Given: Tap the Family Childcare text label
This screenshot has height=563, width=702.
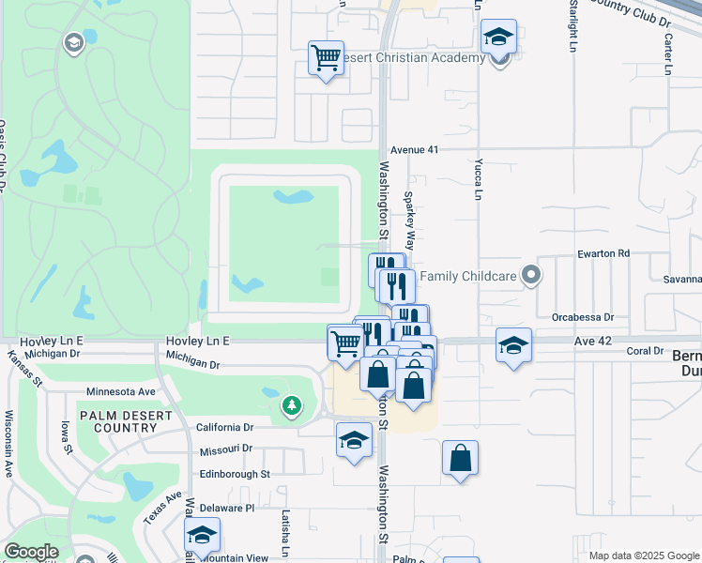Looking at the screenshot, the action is point(469,276).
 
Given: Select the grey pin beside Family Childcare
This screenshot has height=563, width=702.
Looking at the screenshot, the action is point(532,275).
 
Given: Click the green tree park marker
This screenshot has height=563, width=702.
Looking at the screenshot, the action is point(292,406).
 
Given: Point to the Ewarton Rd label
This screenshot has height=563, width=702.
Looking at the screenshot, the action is point(603,253).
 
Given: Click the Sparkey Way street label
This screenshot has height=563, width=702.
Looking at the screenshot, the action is point(409,217).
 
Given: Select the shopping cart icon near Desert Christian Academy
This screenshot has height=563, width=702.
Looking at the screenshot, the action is point(326,58).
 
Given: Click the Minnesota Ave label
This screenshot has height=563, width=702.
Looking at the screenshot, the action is point(120,391).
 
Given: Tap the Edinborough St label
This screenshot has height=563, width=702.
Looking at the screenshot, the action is point(234,474).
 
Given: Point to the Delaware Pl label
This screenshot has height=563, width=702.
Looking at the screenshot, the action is point(222,508).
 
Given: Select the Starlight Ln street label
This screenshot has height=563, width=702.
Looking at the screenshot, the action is point(572,26).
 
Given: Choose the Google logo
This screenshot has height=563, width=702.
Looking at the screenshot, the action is point(31,552).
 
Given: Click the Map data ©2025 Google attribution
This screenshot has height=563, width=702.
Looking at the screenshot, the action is point(643,555).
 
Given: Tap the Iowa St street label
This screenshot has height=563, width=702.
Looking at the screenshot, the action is point(68,436).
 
